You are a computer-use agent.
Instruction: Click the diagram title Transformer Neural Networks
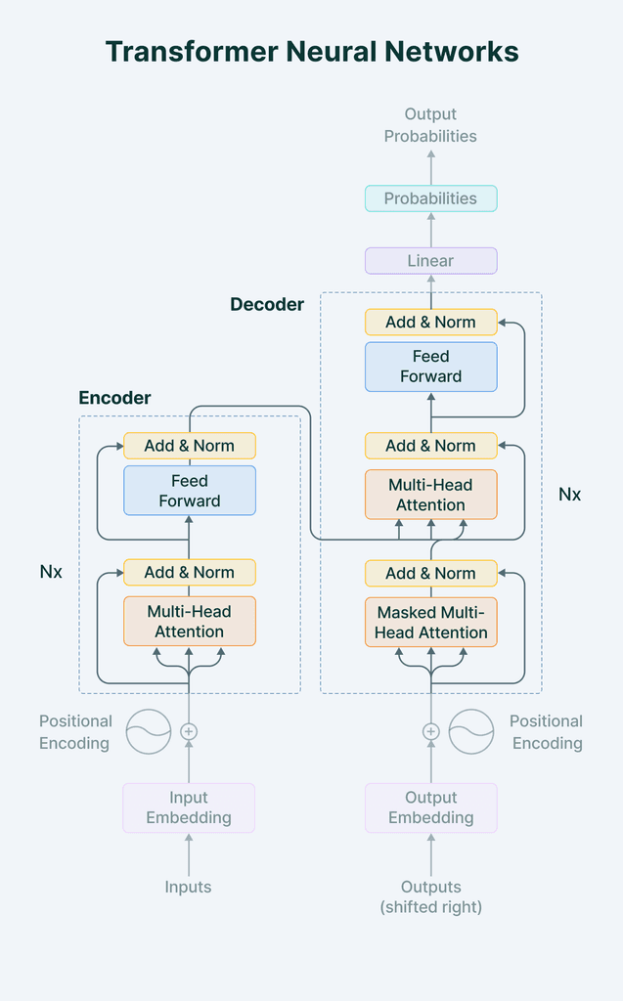(311, 52)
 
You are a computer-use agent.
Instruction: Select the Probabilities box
(430, 198)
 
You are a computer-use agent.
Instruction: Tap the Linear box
(430, 261)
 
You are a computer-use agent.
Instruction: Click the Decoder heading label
(267, 304)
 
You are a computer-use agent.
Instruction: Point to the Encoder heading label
(114, 398)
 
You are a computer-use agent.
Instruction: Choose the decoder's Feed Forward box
(430, 367)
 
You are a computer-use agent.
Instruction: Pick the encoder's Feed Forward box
(189, 491)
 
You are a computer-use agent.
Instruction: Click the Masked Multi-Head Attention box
(430, 623)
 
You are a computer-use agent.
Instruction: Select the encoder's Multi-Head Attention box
(189, 622)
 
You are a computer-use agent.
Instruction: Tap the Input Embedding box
(189, 807)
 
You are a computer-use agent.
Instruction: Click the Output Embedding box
(430, 807)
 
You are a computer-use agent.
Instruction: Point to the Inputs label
(189, 888)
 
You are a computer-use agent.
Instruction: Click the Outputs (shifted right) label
(430, 896)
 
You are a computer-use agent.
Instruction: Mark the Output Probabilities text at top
(430, 125)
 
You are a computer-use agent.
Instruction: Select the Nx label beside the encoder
(51, 572)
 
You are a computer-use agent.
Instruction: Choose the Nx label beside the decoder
(569, 495)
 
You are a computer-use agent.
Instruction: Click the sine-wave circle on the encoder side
(149, 731)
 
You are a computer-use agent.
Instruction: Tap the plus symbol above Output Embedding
(430, 731)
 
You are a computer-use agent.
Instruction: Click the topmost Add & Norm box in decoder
(430, 322)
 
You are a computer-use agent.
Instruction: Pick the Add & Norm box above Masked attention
(430, 573)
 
